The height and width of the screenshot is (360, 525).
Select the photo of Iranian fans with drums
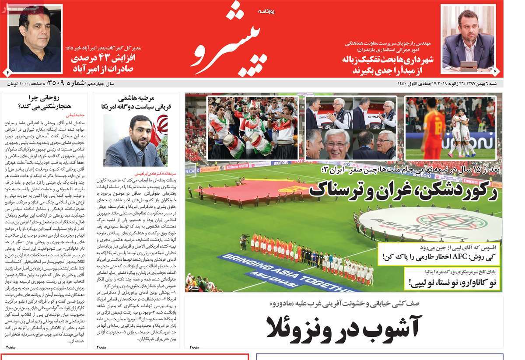[x=253, y=128]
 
